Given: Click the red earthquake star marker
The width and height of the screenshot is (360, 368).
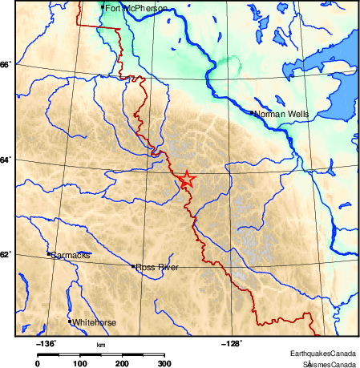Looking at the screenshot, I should click(x=186, y=180).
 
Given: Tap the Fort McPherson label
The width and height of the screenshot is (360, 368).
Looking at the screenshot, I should click(x=136, y=8).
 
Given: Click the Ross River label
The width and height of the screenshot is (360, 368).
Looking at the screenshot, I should click(x=156, y=267).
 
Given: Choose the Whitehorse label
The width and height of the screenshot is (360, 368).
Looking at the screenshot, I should click(x=95, y=322).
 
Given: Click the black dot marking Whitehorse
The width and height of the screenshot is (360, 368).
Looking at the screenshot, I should click(x=70, y=321).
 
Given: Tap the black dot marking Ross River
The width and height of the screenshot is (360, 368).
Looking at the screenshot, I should click(x=133, y=266).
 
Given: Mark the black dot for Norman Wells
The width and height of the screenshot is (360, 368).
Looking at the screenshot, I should click(x=252, y=113).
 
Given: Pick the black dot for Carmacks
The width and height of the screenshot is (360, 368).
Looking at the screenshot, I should click(x=49, y=254).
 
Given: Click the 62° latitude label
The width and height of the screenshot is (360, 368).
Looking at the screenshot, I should click(x=5, y=254).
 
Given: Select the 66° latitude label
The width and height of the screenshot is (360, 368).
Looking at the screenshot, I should click(x=5, y=64).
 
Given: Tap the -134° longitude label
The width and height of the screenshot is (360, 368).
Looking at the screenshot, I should click(x=46, y=343).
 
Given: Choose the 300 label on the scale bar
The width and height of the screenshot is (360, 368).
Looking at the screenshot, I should click(x=164, y=364).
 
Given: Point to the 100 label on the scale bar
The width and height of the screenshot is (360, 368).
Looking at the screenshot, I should click(x=79, y=364).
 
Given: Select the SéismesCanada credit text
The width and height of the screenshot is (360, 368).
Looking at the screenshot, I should click(x=325, y=363).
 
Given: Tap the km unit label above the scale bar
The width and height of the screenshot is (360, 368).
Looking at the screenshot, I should click(x=101, y=345).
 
